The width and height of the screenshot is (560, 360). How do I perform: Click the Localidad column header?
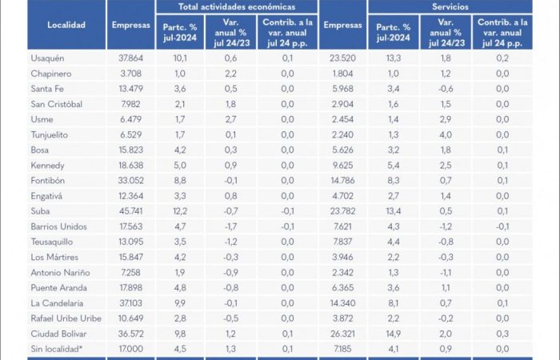[66, 26]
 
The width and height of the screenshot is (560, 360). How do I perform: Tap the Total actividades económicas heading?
[236, 6]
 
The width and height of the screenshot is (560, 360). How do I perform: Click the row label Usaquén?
[48, 58]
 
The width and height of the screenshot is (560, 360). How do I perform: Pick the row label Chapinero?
[50, 73]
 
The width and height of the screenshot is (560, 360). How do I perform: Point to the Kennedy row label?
[47, 164]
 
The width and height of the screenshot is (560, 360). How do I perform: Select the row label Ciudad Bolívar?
[57, 332]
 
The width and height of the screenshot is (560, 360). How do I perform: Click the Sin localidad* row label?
[56, 347]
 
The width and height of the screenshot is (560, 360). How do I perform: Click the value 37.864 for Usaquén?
[130, 58]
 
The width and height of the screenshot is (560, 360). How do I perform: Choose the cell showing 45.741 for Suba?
[130, 210]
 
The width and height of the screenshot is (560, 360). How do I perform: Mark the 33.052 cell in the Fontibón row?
[130, 180]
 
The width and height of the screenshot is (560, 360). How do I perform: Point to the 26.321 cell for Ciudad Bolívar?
[342, 332]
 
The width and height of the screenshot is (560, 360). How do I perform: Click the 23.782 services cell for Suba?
[342, 210]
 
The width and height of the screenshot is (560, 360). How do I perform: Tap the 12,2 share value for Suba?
[180, 210]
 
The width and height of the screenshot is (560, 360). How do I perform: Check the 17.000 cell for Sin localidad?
[130, 347]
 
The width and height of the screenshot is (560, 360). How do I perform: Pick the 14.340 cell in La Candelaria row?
[342, 302]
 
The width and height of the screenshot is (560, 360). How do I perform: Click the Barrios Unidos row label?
[57, 226]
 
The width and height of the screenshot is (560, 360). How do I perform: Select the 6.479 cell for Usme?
[130, 118]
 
